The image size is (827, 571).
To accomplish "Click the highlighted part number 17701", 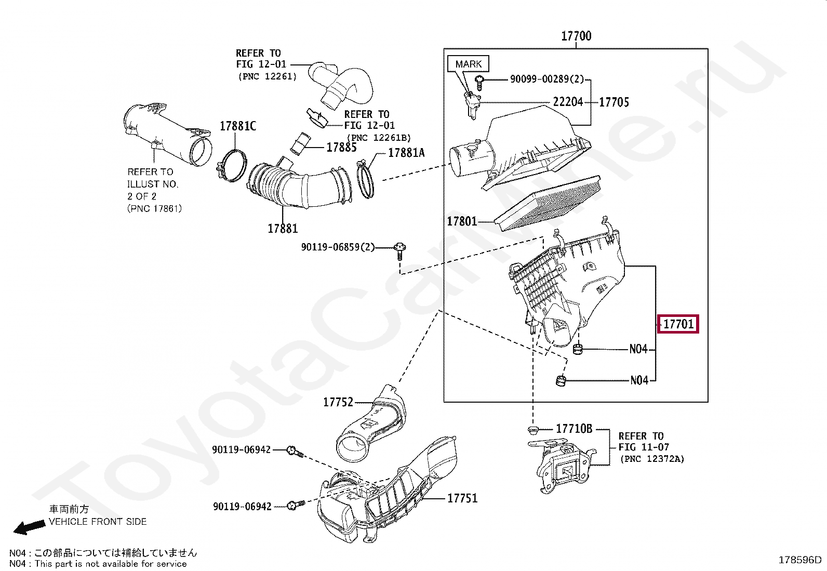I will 678,324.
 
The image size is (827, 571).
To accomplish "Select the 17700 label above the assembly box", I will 576,36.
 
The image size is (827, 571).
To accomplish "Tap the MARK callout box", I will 468,64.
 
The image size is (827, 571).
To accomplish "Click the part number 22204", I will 568,102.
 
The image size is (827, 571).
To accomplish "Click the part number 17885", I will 341,147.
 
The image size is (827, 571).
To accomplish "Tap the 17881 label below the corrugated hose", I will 283,228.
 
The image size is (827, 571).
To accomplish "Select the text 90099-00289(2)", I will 546,79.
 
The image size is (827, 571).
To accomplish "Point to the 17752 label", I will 338,402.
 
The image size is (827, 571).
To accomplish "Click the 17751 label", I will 462,498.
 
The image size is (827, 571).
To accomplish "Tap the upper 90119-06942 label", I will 241,449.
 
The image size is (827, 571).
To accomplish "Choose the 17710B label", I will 574,429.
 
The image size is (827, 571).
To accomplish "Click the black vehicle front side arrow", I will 29,527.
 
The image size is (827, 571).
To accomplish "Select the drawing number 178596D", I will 800,560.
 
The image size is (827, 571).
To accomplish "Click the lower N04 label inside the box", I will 639,380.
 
